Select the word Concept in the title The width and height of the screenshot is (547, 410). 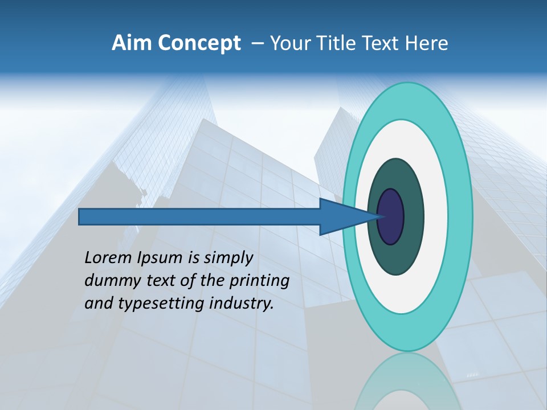pyautogui.click(x=199, y=43)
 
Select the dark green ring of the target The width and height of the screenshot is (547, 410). pyautogui.click(x=413, y=216)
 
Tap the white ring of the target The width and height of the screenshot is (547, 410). pyautogui.click(x=435, y=216)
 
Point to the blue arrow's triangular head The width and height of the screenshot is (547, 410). pyautogui.click(x=342, y=216)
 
